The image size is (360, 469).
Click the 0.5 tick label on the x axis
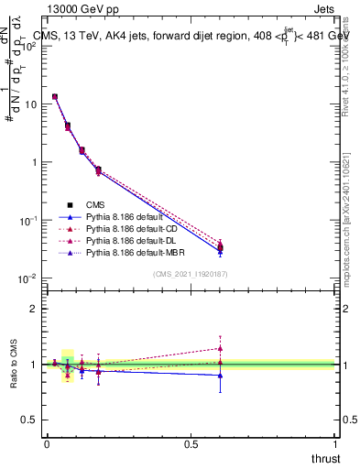(x=191, y=442)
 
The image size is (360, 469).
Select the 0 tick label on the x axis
(x=47, y=442)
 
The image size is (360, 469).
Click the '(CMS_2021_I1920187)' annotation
(x=191, y=274)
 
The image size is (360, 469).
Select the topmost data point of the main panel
(x=55, y=96)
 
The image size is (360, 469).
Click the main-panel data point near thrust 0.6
(x=220, y=247)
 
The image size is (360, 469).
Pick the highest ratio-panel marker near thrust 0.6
(x=220, y=348)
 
